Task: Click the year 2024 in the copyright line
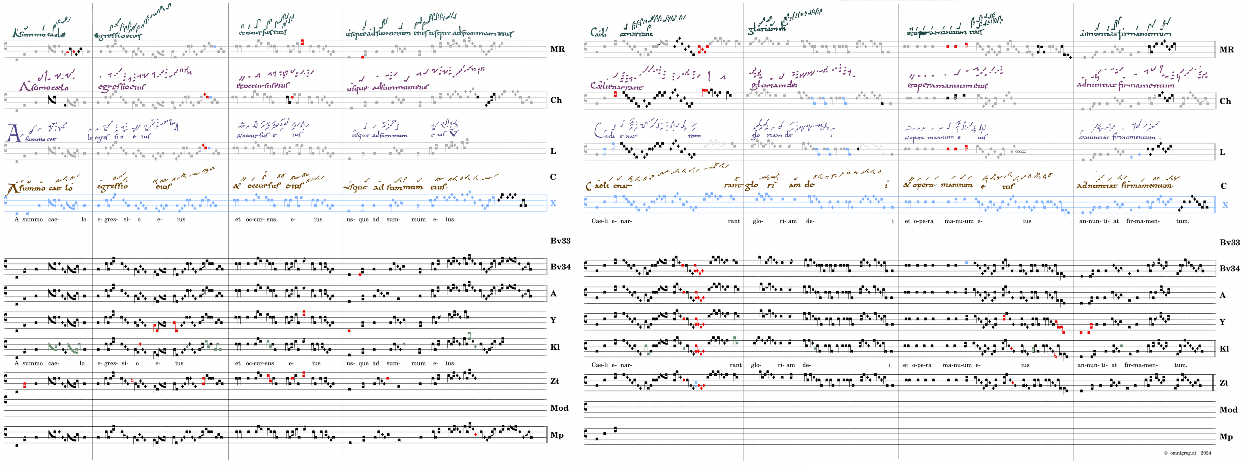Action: pyautogui.click(x=1205, y=453)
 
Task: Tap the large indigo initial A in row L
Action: pyautogui.click(x=14, y=133)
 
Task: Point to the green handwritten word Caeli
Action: pyautogui.click(x=598, y=33)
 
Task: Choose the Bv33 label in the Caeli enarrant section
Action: pyautogui.click(x=1229, y=242)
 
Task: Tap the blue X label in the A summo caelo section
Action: pyautogui.click(x=553, y=203)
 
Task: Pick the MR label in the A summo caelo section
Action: pyautogui.click(x=557, y=49)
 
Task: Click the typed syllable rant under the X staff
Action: pyautogui.click(x=734, y=221)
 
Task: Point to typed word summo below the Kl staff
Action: pyautogui.click(x=33, y=363)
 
